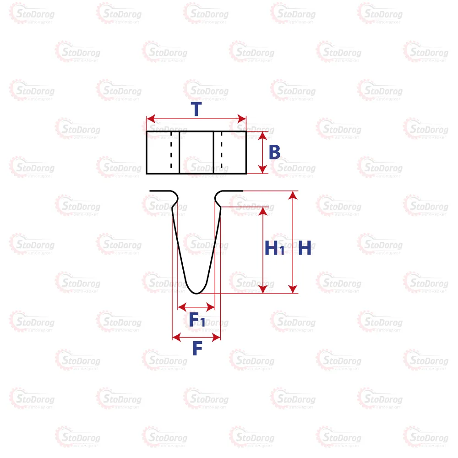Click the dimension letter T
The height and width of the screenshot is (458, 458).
pos(196,109)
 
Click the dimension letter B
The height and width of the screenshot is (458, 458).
pos(274,152)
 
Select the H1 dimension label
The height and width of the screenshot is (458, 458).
pos(274,248)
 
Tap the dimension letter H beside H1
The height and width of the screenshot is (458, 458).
pos(305,248)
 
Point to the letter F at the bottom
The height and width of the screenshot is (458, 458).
pos(197,348)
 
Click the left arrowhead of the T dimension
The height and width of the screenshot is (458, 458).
pos(151,119)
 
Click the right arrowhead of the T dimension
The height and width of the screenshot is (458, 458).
pos(242,119)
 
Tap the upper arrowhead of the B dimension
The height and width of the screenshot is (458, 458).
pos(262,136)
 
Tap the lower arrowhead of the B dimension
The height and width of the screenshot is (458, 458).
pos(262,169)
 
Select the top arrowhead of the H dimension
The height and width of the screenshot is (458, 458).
pos(293,195)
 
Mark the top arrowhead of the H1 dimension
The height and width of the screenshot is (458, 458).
pos(263,211)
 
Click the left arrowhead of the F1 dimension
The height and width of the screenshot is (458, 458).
pos(182,307)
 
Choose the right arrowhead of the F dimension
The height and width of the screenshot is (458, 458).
pos(216,338)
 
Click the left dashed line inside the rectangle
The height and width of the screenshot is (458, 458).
pos(171,152)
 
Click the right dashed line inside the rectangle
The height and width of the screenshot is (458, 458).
pos(221,152)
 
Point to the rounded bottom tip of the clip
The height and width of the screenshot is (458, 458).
pos(196,293)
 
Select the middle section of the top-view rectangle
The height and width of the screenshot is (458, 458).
pos(196,153)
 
